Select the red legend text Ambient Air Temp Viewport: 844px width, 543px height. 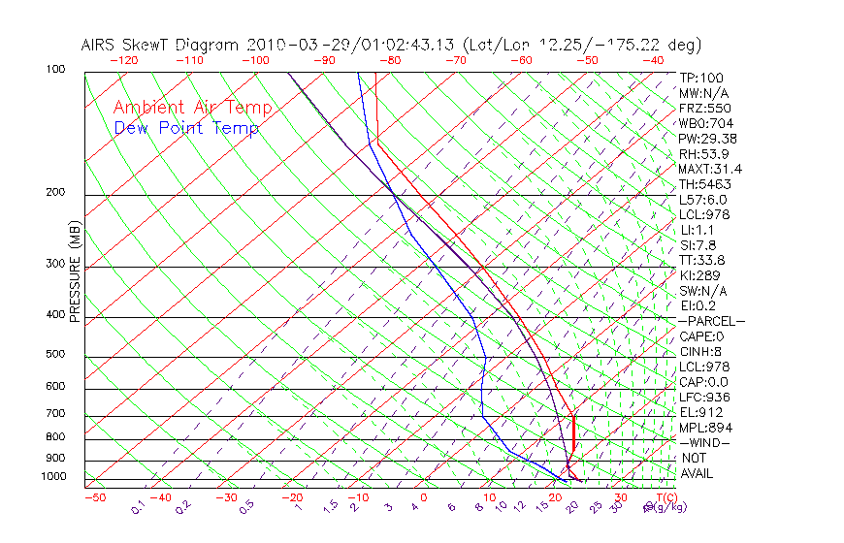(192, 108)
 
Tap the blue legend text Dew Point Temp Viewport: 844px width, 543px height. (186, 128)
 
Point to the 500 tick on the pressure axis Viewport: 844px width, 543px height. (55, 355)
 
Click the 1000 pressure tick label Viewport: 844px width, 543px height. (52, 477)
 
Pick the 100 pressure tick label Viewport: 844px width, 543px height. (55, 70)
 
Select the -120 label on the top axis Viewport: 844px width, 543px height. (123, 60)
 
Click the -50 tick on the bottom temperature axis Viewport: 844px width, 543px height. (94, 497)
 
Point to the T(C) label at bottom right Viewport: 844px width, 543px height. (660, 497)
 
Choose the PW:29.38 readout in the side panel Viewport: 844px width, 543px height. (708, 139)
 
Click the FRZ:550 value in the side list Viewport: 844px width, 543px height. (704, 109)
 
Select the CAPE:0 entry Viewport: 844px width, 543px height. (702, 336)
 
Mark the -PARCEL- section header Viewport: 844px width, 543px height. (711, 321)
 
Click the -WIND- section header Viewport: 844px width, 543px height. (704, 442)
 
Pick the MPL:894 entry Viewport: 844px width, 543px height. (704, 428)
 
